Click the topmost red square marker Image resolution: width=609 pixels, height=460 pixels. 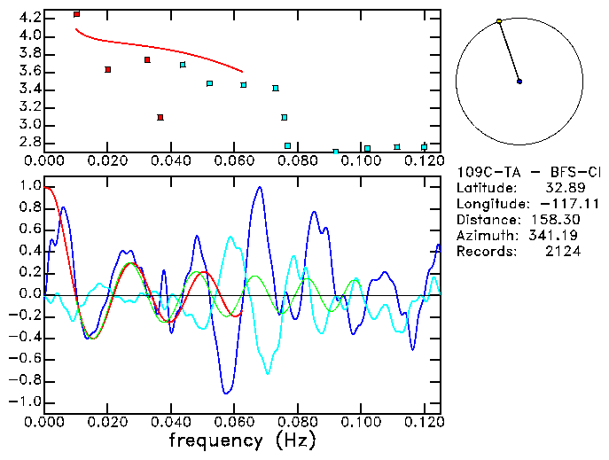click(76, 14)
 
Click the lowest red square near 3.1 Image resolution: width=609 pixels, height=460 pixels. click(160, 117)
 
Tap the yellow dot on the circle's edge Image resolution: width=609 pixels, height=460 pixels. click(499, 21)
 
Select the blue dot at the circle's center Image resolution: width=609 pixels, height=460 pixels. click(519, 82)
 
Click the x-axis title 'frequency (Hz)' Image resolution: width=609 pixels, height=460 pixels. click(242, 440)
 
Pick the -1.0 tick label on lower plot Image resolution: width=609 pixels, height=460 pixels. click(26, 402)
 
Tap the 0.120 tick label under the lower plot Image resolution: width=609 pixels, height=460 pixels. click(425, 422)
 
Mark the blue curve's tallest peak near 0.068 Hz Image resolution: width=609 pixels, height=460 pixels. click(259, 187)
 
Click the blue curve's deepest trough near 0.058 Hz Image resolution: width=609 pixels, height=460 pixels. click(227, 392)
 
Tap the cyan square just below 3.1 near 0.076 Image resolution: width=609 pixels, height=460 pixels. click(284, 117)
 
